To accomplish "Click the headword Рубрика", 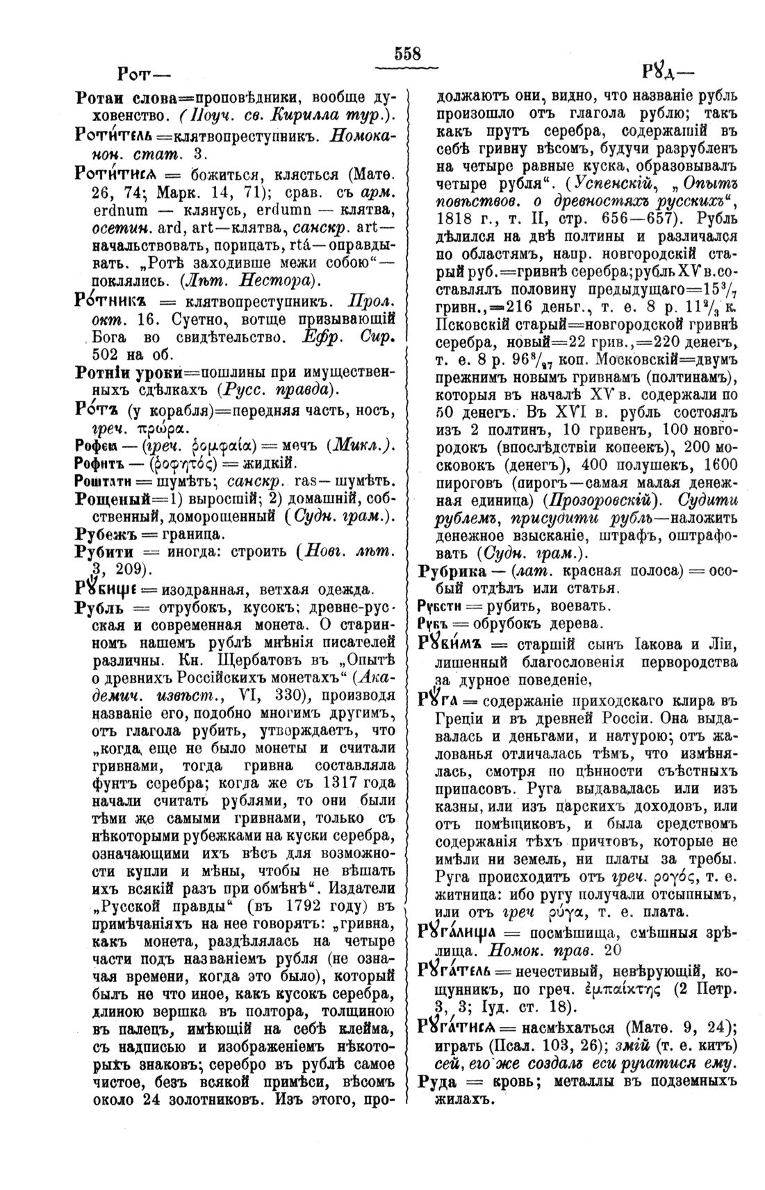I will point(457,571).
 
